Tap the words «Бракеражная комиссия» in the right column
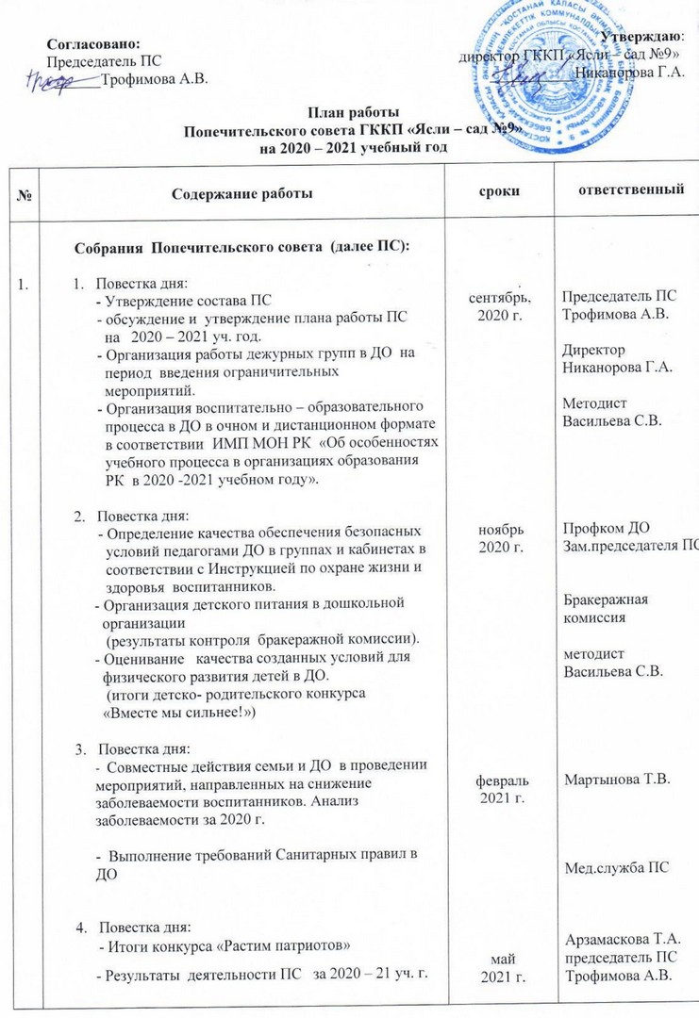pos(601,608)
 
